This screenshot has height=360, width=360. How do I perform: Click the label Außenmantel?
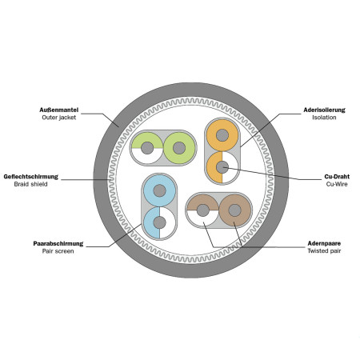(59, 110)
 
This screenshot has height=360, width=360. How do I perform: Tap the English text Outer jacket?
(59, 118)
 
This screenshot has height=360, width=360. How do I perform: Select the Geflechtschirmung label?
(31, 177)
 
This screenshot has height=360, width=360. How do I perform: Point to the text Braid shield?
(31, 184)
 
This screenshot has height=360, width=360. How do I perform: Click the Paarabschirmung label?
(58, 243)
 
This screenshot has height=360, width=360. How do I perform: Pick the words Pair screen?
(58, 251)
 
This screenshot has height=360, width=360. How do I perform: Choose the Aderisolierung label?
(324, 110)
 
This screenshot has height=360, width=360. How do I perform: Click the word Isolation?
(324, 118)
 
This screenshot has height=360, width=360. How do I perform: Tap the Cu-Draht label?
(337, 177)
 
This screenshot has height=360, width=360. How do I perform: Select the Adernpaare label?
(324, 243)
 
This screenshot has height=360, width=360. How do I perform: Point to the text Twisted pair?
(324, 251)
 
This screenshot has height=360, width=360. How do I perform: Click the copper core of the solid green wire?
(179, 148)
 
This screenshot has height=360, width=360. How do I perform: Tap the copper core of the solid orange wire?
(222, 135)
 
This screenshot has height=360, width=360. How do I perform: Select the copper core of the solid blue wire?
(160, 190)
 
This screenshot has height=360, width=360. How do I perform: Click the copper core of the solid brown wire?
(235, 210)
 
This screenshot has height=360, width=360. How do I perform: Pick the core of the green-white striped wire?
(147, 148)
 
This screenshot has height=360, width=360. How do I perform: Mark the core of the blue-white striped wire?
(160, 222)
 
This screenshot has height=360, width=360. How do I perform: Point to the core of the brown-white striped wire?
(203, 210)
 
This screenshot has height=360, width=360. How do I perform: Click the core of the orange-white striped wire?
(222, 167)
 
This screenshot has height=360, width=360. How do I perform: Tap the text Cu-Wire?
(337, 184)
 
